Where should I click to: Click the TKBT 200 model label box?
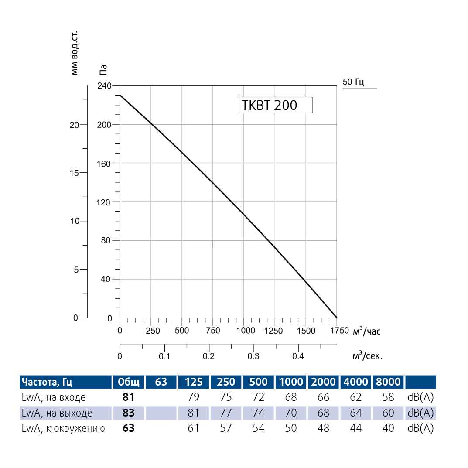pos(275,105)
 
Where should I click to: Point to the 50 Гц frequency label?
pos(353,82)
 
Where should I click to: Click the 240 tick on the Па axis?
pos(104,85)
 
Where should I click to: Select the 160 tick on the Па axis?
pos(104,163)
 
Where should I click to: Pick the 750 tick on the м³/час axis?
pos(213,331)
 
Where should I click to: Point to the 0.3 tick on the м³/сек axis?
pos(253,356)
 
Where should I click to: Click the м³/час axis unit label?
pos(366,331)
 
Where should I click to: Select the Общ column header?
pos(129,382)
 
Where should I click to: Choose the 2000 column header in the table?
pos(323,382)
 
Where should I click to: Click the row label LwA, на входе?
pos(54,397)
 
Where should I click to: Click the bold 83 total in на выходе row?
pos(129,413)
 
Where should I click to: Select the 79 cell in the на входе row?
pos(193,397)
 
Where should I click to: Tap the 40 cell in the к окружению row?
pos(388,428)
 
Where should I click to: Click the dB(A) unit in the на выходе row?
pos(420,413)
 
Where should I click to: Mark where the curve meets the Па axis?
pos(120,95)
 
